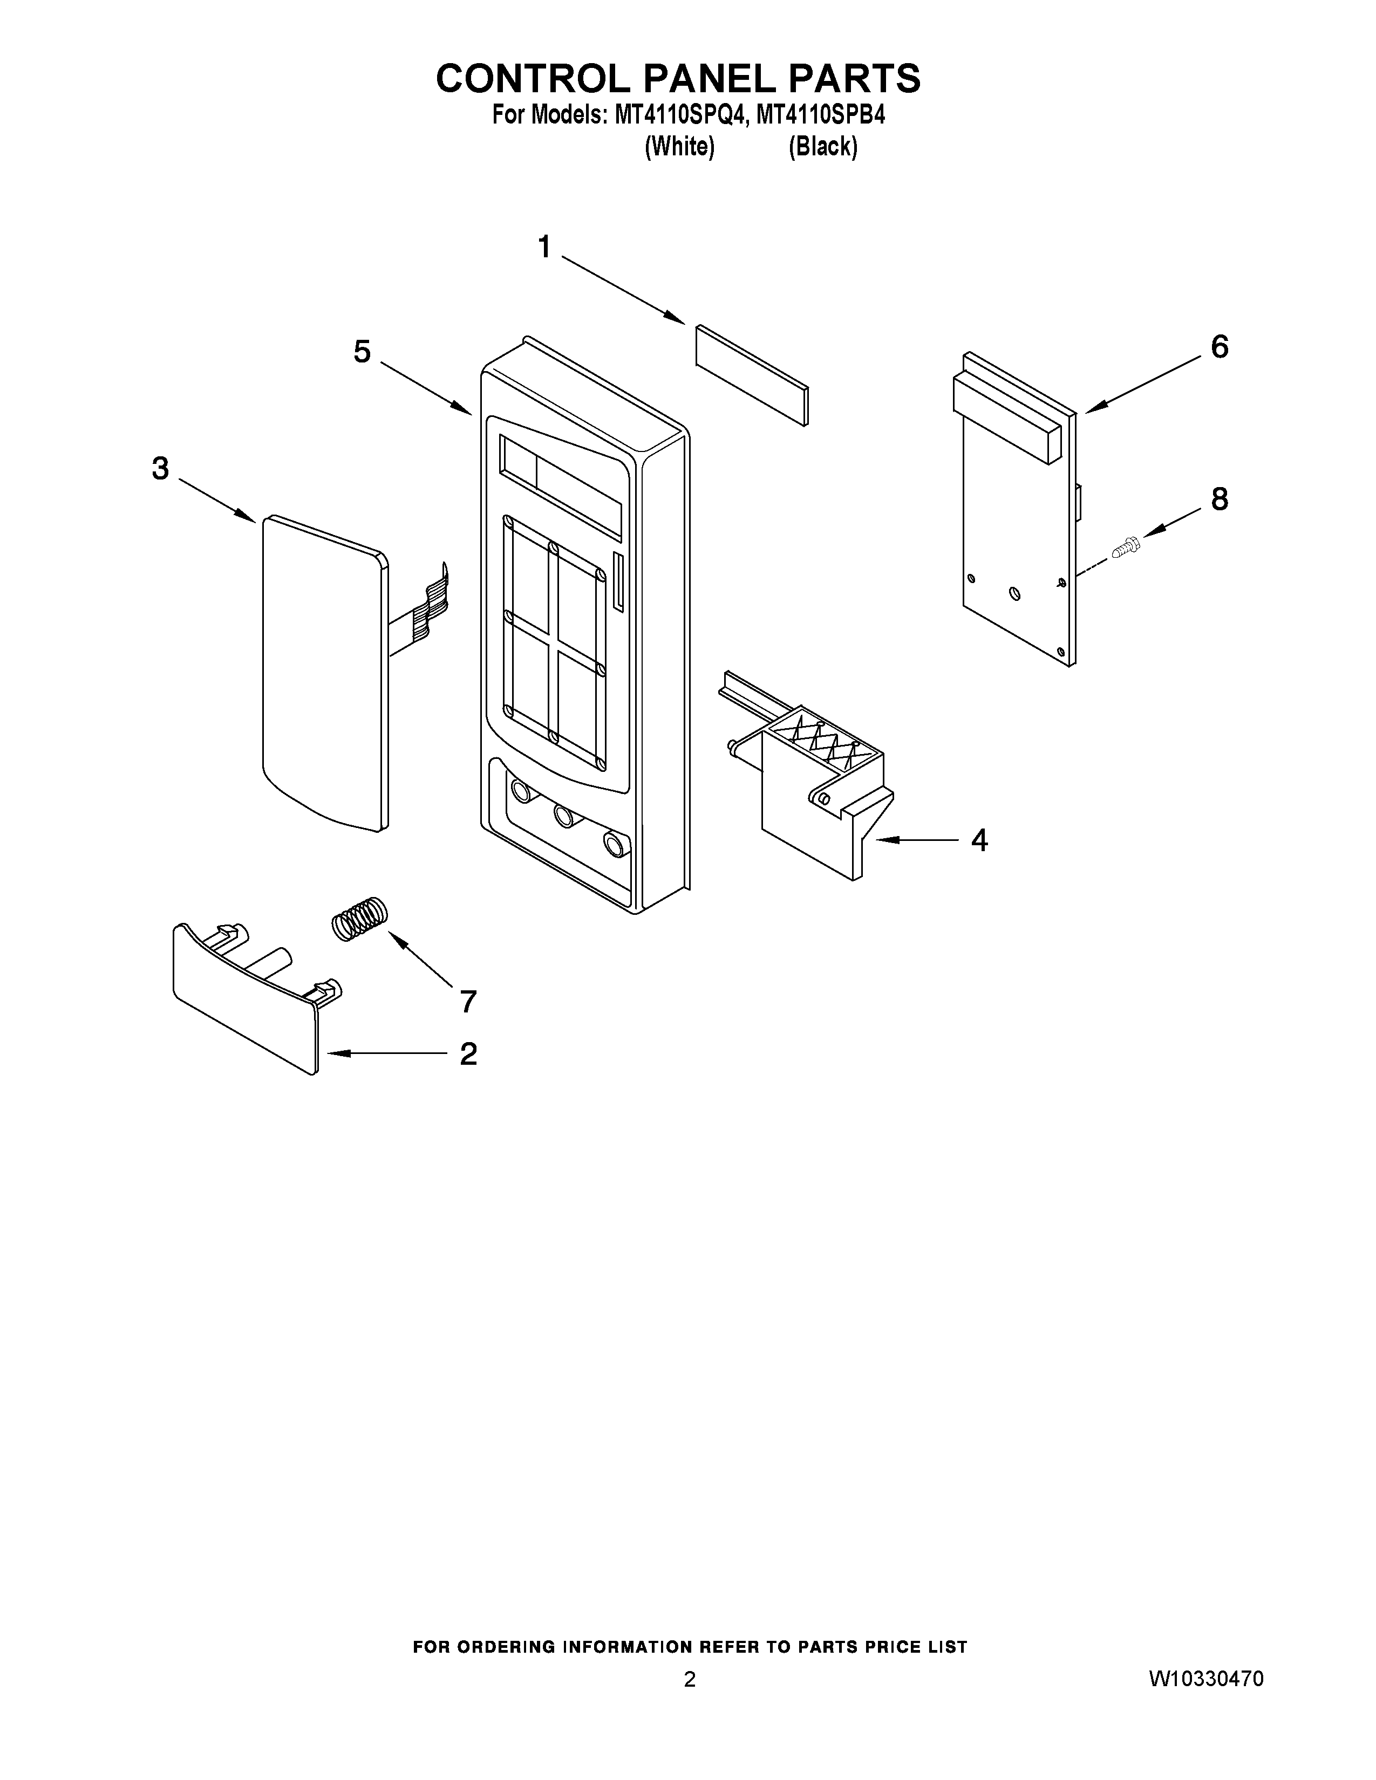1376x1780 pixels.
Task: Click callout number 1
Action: coord(544,246)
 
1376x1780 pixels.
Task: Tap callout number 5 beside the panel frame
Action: coord(362,352)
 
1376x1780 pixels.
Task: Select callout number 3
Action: coord(161,469)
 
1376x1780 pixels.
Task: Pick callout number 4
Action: coord(979,839)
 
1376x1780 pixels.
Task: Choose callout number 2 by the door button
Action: coord(468,1054)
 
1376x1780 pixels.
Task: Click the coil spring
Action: coord(359,919)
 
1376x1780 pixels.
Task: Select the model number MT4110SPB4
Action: coord(820,116)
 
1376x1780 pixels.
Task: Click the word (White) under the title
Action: coord(679,147)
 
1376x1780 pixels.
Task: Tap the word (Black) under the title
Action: coord(822,147)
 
